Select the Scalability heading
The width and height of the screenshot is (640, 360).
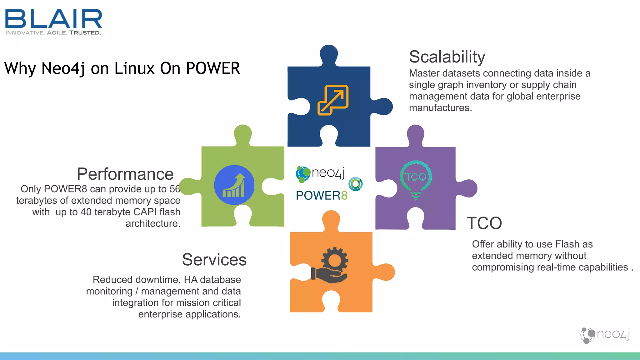pos(447,57)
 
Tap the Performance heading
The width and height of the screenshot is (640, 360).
pos(125,174)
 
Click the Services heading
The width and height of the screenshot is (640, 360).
pos(214,260)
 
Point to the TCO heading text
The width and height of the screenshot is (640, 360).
pos(484,223)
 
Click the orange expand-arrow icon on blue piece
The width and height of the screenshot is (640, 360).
pos(333,100)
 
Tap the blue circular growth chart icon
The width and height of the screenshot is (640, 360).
pos(234,185)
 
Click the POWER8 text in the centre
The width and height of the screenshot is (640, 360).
pos(322,196)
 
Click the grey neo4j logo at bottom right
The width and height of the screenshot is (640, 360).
pos(605,335)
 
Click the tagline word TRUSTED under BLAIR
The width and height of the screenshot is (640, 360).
pos(85,32)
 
